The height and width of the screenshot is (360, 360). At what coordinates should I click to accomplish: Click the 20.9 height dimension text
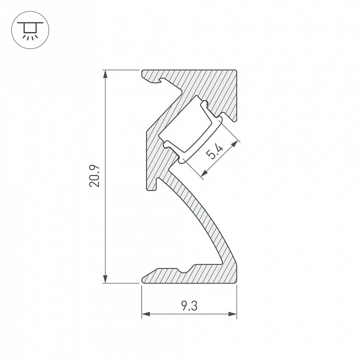(95, 176)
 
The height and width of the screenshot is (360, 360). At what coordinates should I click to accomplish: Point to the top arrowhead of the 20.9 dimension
(105, 73)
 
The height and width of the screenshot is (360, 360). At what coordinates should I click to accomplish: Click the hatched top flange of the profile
(200, 80)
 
